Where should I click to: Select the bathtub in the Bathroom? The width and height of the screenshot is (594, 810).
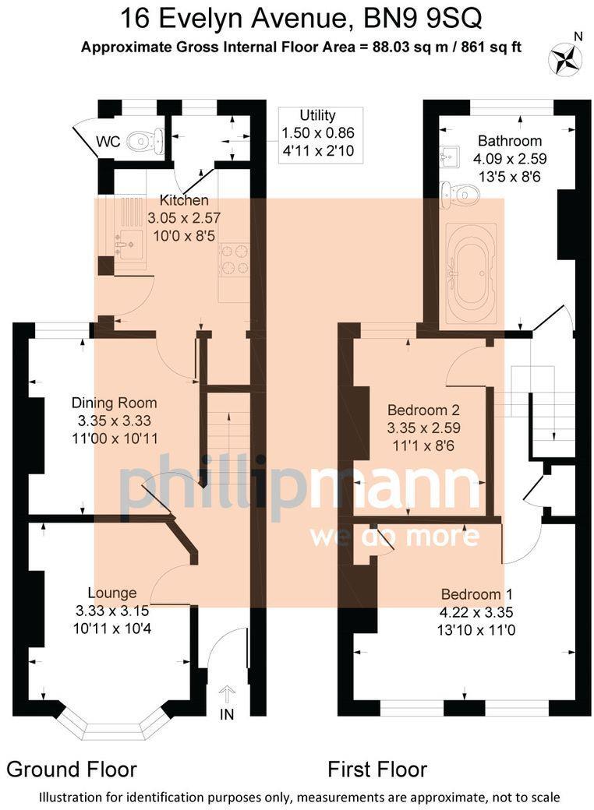pyautogui.click(x=470, y=274)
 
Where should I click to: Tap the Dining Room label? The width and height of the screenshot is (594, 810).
pyautogui.click(x=114, y=403)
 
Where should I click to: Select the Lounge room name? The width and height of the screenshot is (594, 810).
pyautogui.click(x=111, y=593)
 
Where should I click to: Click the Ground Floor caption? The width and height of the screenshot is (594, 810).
pyautogui.click(x=72, y=769)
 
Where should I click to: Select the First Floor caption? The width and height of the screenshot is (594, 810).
pyautogui.click(x=377, y=769)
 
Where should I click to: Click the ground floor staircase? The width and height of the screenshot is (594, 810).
pyautogui.click(x=228, y=436)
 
